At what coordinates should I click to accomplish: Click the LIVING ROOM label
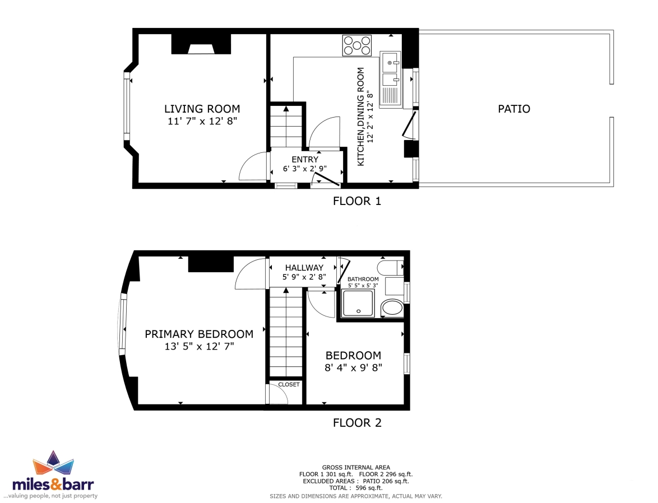pos(202,109)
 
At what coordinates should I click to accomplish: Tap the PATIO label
pos(513,109)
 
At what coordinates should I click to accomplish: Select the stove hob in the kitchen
pos(356,45)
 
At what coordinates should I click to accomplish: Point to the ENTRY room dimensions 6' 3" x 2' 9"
pos(305,169)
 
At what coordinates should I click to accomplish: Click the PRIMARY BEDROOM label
pos(199,334)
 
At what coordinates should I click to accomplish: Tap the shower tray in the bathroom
pos(358,303)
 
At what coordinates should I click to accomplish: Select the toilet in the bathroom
pos(390,267)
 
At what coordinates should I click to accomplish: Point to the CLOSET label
pos(289,384)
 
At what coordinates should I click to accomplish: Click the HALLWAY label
pos(304,268)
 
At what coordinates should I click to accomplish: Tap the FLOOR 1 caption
pos(356,201)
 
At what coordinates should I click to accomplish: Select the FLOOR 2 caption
pos(357,423)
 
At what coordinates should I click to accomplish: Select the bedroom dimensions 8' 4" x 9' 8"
pos(353,368)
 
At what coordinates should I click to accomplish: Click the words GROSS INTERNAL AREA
pos(356,467)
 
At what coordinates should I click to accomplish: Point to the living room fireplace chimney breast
pos(201,44)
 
